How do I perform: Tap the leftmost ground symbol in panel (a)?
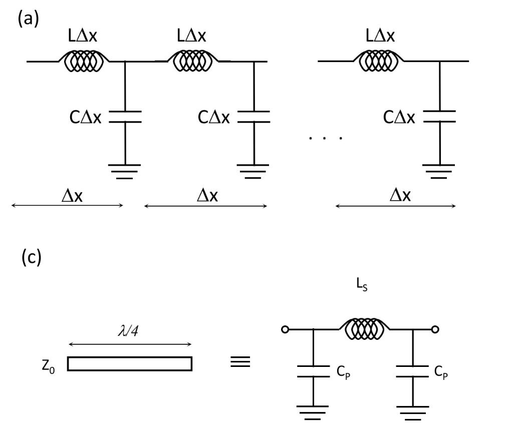[125, 170]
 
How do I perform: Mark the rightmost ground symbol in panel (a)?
[439, 170]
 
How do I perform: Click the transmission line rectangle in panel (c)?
[130, 363]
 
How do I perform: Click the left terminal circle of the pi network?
[286, 330]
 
